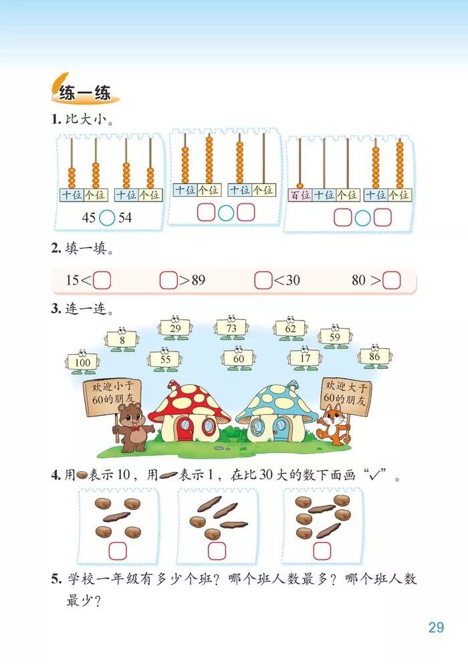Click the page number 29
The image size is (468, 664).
pos(436,627)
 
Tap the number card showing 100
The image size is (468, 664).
pos(82,362)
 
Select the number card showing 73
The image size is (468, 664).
pos(231,329)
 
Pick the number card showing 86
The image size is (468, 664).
pos(374,357)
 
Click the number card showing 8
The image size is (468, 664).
pos(122,340)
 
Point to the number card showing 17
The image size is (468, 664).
pos(305,358)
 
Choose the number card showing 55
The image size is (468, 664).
pos(165,359)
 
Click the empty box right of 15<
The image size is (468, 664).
pos(102,280)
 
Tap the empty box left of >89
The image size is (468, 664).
pos(168,280)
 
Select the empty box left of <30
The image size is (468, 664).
pos(263,280)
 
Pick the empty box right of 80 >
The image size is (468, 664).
pos(391,280)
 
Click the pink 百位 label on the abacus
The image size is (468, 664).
pos(300,195)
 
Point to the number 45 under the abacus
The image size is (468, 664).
pos(89,218)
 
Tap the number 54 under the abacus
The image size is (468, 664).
pos(125,218)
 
